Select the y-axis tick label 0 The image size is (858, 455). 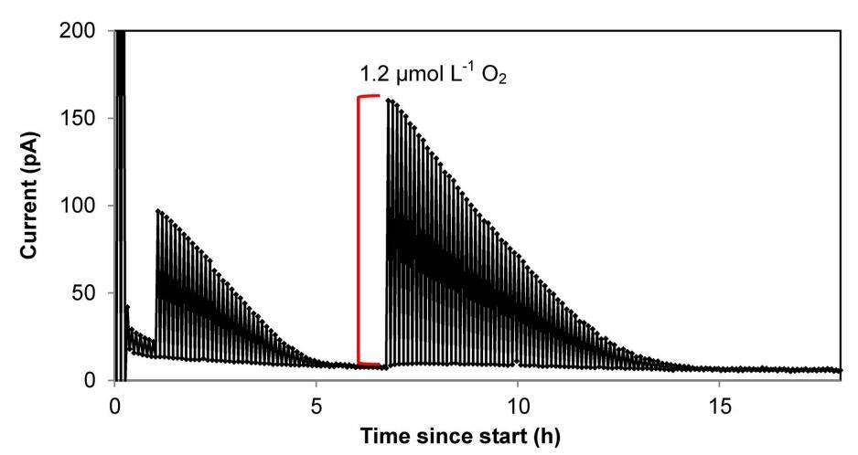(95, 380)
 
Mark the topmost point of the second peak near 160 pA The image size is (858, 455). (389, 101)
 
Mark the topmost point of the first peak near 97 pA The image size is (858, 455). (158, 210)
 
